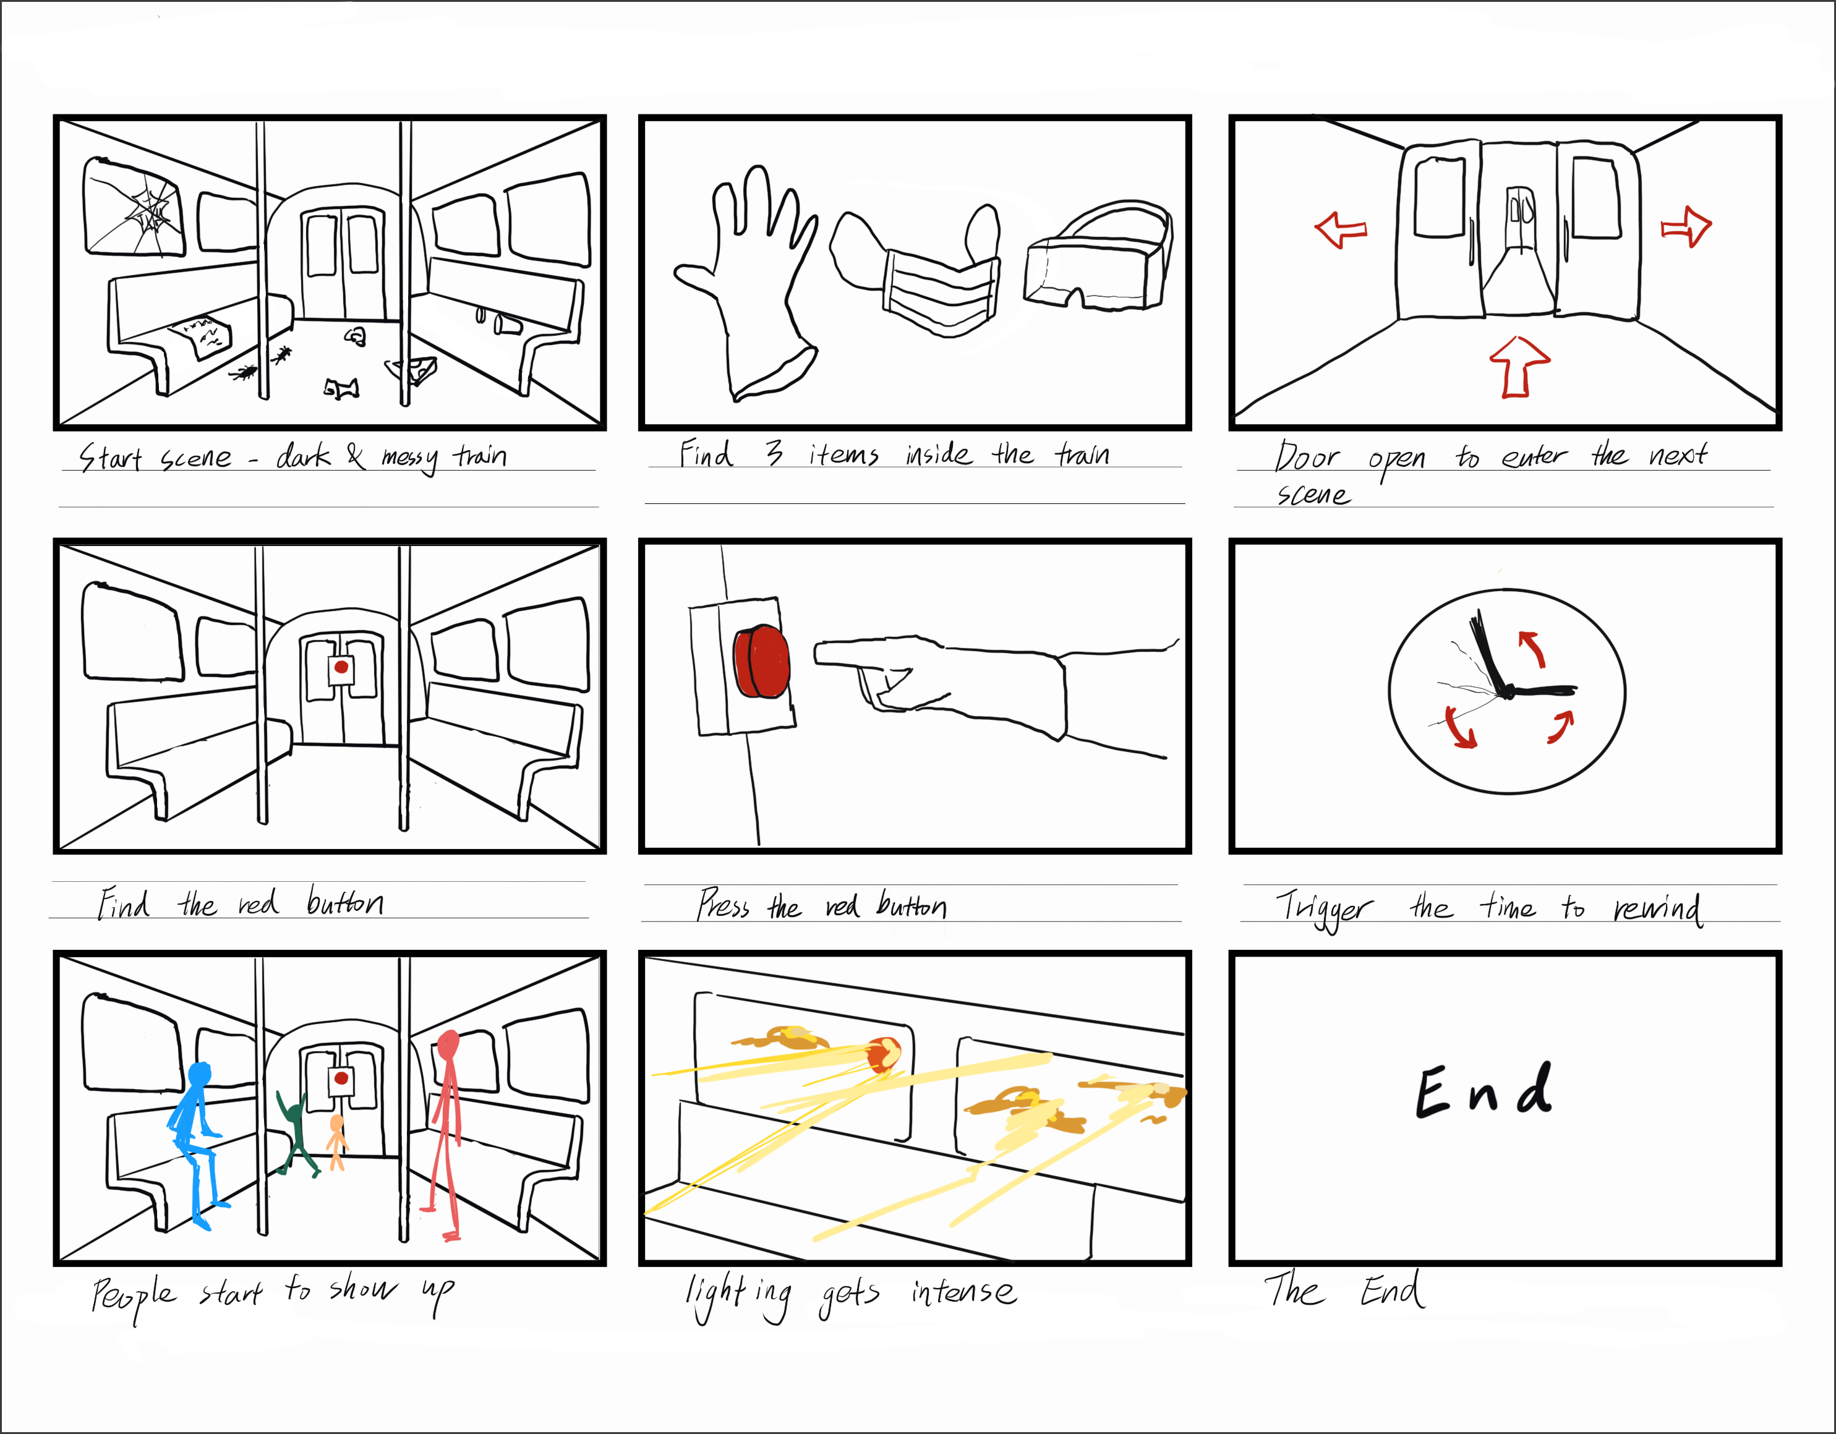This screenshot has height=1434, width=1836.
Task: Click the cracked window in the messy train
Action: (133, 207)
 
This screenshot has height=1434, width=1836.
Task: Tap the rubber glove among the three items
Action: (745, 281)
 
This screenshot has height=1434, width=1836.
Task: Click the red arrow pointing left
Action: (1340, 229)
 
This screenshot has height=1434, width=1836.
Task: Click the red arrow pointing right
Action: (1686, 227)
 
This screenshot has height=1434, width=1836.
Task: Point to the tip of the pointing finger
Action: (816, 655)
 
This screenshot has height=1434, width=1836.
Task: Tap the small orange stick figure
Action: (336, 1142)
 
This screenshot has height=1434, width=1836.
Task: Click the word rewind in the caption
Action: (1658, 908)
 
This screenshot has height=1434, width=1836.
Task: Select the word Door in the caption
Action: (1307, 456)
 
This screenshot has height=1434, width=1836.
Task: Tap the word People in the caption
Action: (135, 1296)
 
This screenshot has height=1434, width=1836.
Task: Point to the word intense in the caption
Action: (963, 1291)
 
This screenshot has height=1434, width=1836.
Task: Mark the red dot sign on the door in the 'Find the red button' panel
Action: (341, 669)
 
